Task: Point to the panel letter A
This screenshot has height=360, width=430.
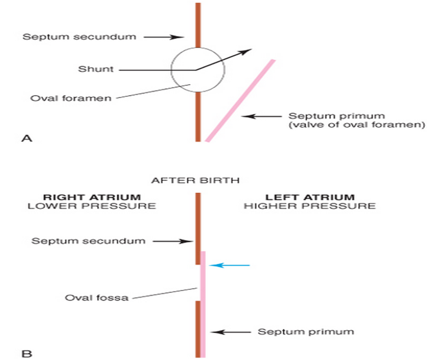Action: [26, 138]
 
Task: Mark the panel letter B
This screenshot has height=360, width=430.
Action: [26, 352]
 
